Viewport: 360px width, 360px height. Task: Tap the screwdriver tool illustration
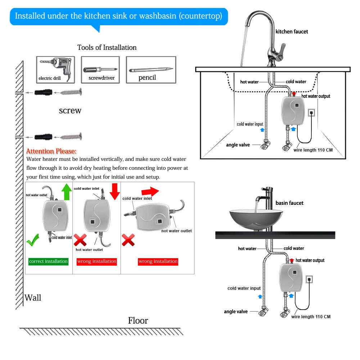click(100, 69)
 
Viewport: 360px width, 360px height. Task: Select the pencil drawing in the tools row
click(151, 69)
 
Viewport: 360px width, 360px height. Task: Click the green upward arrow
click(67, 192)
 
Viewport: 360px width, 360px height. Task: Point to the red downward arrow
click(115, 192)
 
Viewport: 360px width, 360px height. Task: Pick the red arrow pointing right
click(150, 191)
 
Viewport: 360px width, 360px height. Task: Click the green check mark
click(33, 240)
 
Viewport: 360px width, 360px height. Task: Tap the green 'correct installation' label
click(49, 261)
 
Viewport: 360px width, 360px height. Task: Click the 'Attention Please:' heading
click(51, 151)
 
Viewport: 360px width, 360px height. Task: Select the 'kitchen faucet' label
click(292, 32)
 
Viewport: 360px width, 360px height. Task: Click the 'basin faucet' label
click(289, 203)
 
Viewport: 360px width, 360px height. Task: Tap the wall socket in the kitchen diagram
click(311, 112)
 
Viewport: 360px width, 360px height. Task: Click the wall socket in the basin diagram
click(309, 279)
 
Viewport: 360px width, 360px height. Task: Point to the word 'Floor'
click(138, 320)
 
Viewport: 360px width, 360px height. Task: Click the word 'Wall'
click(33, 298)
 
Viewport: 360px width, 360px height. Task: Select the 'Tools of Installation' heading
click(107, 48)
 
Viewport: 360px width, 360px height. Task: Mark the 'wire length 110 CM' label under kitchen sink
click(313, 150)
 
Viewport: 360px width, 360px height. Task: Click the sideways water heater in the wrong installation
click(153, 217)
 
